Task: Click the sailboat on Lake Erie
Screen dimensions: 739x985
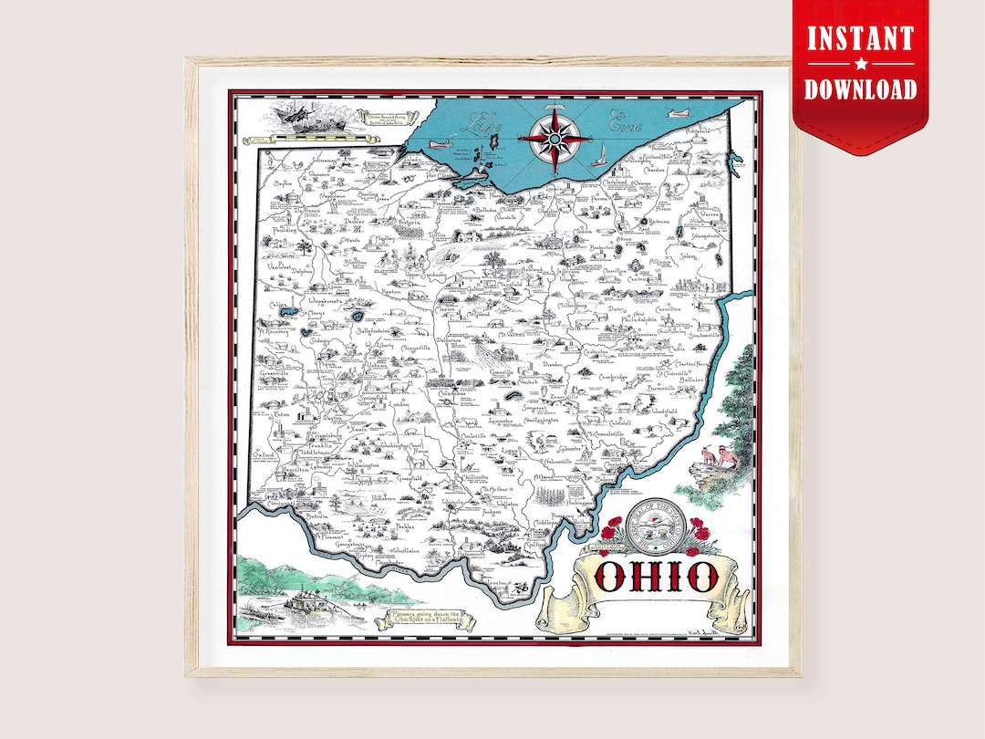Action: pyautogui.click(x=600, y=157)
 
